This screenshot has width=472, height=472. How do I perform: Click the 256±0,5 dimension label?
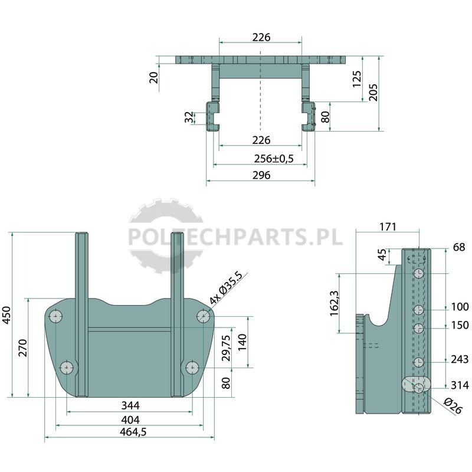click(273, 158)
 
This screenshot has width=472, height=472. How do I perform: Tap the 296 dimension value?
click(261, 175)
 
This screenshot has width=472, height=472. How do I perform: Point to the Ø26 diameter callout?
click(453, 405)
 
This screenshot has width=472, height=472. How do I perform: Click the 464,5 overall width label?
click(133, 432)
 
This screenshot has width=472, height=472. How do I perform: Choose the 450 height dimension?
click(6, 315)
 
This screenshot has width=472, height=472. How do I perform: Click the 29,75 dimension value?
click(226, 348)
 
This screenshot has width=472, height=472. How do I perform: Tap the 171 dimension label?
click(388, 227)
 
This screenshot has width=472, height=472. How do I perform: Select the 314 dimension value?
click(460, 385)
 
